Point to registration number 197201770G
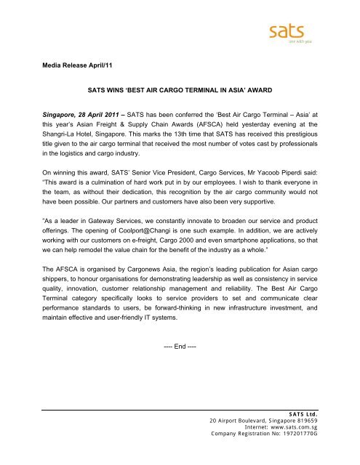click(x=303, y=455)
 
